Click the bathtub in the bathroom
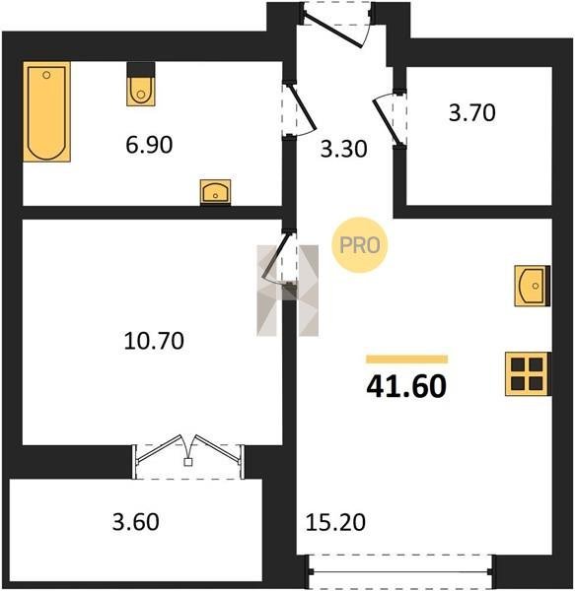click(46, 111)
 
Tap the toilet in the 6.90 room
click(141, 85)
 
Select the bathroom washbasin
click(215, 192)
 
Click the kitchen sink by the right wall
click(532, 286)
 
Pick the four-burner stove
click(527, 374)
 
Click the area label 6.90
click(149, 145)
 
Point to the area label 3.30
click(343, 149)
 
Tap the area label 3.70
click(472, 112)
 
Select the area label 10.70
click(154, 341)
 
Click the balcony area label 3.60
click(136, 522)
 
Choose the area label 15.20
click(335, 522)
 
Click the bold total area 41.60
click(406, 387)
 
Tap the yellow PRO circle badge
click(360, 245)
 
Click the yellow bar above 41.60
click(407, 360)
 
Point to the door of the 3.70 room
click(389, 117)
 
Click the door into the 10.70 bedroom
click(279, 256)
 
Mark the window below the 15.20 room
click(400, 571)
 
